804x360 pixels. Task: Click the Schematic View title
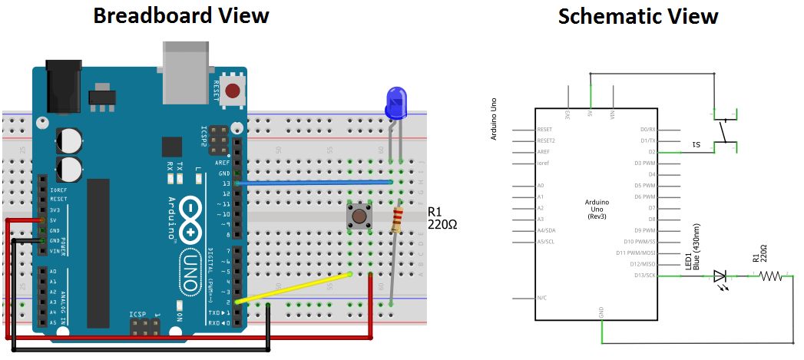tap(638, 16)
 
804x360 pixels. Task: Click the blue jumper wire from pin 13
tap(315, 183)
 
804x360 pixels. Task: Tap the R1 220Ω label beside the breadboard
tap(444, 220)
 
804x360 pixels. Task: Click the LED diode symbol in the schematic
tap(720, 276)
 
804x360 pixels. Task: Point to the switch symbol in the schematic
tap(723, 130)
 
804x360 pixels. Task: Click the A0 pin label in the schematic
tap(541, 186)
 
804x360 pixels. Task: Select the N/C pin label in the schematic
tap(542, 297)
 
